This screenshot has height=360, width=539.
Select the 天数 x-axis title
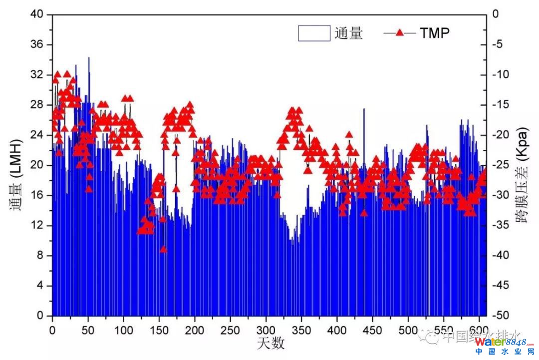click(x=271, y=343)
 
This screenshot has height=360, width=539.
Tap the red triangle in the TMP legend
click(x=400, y=33)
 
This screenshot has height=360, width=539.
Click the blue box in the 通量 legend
click(x=314, y=33)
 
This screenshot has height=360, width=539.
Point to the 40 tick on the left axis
click(x=38, y=14)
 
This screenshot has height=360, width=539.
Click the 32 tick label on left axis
click(x=38, y=75)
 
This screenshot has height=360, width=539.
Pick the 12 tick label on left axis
click(x=38, y=226)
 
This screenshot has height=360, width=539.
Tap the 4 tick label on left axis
click(x=41, y=286)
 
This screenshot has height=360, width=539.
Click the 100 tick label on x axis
click(x=123, y=330)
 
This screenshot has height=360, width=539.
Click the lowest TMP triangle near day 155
click(x=163, y=249)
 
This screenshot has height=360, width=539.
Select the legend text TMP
click(x=434, y=33)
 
